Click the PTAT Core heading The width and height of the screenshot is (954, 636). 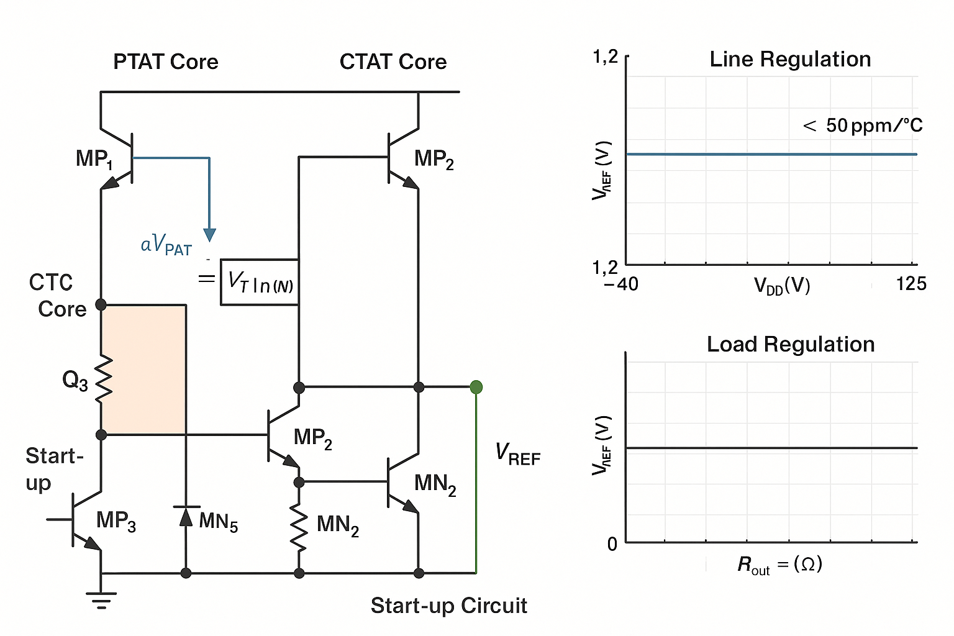tap(165, 62)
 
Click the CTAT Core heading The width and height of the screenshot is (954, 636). tap(393, 62)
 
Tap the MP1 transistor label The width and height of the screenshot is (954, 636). tap(94, 159)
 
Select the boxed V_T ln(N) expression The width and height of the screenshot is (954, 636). tap(260, 283)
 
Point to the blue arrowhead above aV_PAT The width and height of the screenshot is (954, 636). tap(210, 235)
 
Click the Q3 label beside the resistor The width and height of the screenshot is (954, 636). tap(75, 380)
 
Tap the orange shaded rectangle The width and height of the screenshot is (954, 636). tap(143, 370)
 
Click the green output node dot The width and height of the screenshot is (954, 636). tap(476, 388)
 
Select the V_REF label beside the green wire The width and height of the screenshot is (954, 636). tap(517, 454)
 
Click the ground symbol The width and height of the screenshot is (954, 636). tap(101, 600)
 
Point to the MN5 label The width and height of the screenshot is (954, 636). tap(218, 522)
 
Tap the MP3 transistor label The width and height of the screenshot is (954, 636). tap(116, 520)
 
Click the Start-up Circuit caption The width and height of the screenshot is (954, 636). tap(448, 606)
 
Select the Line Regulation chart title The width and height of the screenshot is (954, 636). tap(790, 60)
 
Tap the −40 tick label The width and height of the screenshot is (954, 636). tap(620, 284)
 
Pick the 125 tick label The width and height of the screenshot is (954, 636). tap(911, 284)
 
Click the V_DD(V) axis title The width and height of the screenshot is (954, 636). tap(782, 286)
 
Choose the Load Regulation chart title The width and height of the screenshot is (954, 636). tap(790, 345)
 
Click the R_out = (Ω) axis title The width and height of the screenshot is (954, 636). tap(779, 565)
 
